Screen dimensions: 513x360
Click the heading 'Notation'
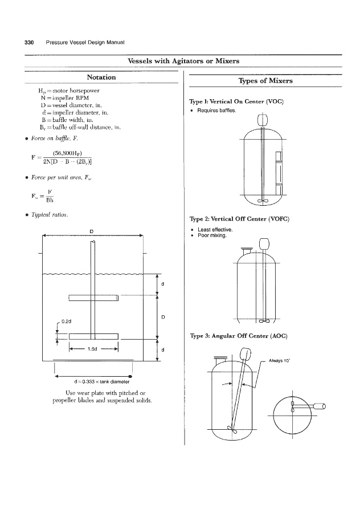point(101,77)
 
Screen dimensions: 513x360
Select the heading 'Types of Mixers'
point(266,81)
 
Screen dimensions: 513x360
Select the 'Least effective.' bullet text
point(215,230)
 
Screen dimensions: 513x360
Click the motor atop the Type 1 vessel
point(262,121)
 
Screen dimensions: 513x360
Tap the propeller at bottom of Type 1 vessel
point(263,199)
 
